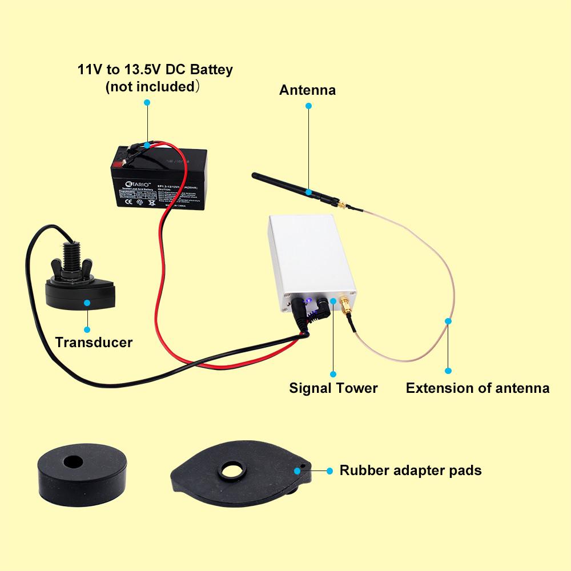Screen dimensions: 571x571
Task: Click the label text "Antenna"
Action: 307,90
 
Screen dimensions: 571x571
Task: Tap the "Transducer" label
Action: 94,343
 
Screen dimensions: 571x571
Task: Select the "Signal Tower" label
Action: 333,388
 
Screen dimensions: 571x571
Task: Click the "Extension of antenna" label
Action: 477,388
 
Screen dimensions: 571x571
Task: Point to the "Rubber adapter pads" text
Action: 411,471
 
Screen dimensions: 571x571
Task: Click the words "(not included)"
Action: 152,87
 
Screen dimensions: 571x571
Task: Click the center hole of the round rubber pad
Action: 73,460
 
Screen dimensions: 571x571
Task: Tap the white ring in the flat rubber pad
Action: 232,471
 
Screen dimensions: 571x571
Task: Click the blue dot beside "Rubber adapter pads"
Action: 329,471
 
